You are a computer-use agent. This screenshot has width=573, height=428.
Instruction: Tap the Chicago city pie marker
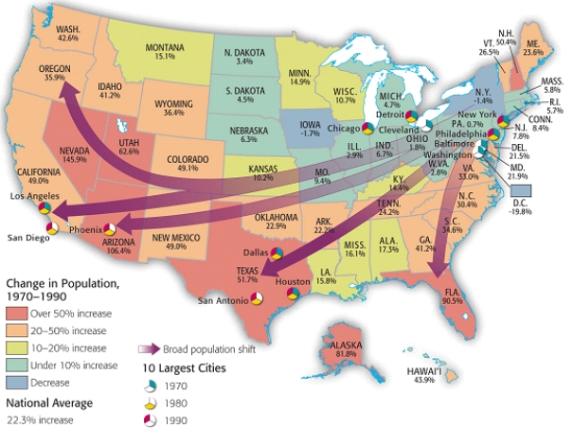[367, 126]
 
